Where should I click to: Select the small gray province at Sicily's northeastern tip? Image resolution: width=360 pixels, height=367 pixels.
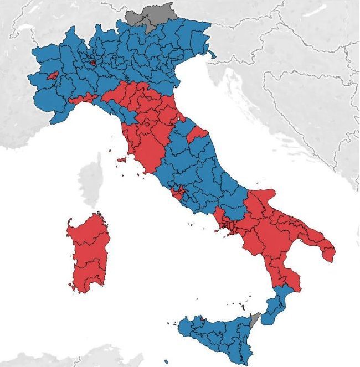(255, 319)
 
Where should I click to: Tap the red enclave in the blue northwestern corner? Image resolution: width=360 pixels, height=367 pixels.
(53, 76)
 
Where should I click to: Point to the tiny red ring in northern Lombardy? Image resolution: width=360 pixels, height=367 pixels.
(92, 63)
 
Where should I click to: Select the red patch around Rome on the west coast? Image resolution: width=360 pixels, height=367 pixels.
(178, 193)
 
